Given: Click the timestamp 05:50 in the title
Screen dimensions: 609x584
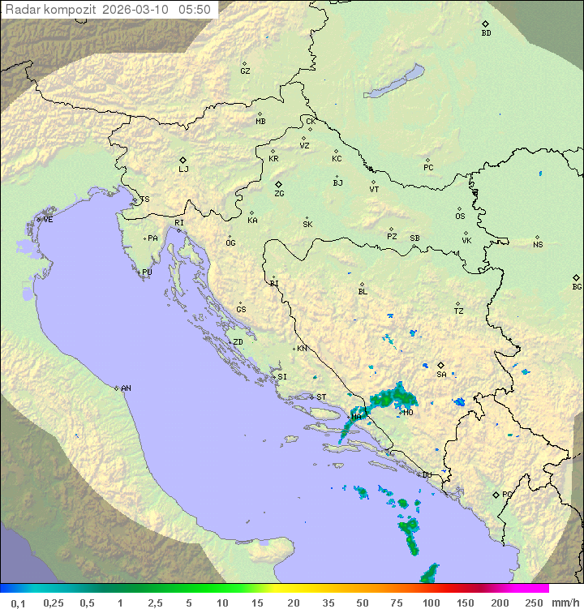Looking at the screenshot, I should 195,10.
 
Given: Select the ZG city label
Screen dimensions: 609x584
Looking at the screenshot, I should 279,194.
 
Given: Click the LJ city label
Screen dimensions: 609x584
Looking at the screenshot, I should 183,169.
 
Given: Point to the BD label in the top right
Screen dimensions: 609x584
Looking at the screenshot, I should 486,33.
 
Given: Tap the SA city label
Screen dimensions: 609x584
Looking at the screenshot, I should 441,374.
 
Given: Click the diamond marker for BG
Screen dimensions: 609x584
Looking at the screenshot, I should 576,277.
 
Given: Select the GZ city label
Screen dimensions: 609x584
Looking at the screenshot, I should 245,71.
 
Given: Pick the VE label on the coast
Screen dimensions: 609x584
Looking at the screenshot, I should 48,220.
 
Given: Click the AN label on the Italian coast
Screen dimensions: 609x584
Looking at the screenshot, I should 126,388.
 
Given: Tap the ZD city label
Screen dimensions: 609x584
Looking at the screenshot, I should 238,342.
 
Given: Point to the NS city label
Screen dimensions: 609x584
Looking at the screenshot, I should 538,245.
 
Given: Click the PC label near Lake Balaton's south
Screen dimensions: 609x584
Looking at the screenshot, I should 428,168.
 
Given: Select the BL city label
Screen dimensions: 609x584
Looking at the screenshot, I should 363,292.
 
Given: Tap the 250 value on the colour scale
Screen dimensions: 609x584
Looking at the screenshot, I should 533,603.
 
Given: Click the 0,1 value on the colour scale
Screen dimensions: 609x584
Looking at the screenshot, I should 18,603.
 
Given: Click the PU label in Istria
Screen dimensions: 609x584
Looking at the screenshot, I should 147,272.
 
